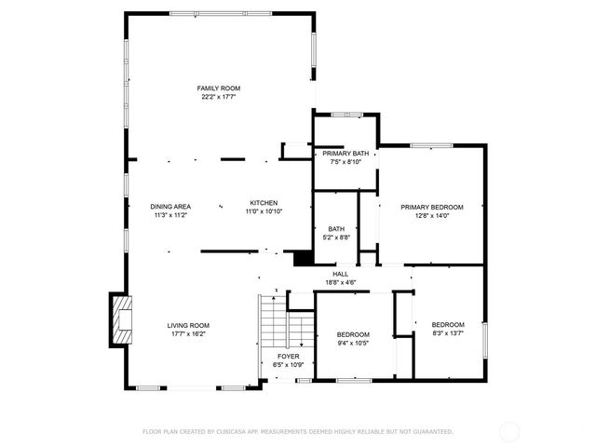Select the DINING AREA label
(171, 205)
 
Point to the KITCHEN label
(264, 203)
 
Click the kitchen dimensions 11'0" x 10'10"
(264, 212)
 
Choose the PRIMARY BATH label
(345, 153)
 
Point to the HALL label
(340, 274)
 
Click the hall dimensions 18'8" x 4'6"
(340, 282)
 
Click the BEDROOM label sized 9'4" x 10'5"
(353, 334)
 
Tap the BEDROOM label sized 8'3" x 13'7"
(448, 324)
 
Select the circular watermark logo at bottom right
(509, 431)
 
